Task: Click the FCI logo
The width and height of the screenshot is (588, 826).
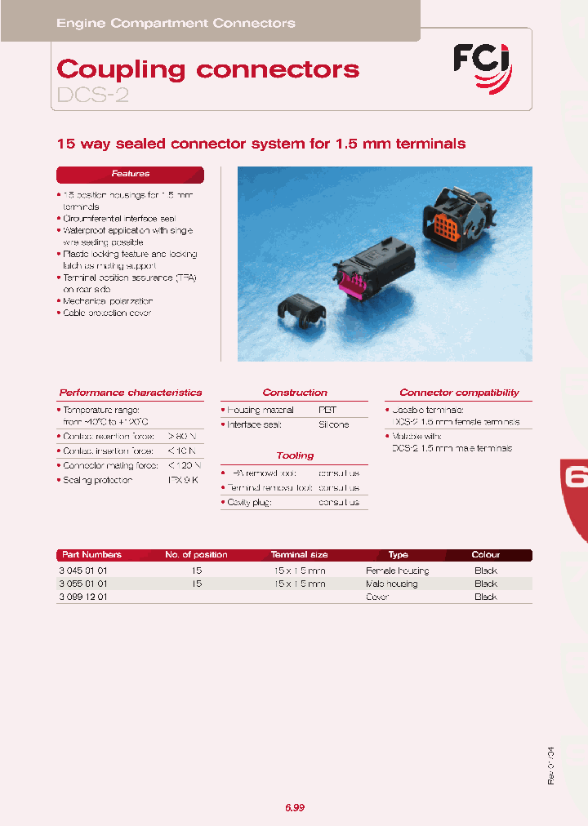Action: coord(483,65)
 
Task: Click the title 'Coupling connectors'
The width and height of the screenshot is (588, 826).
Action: coord(208,69)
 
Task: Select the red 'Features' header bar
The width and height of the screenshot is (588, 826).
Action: coord(130,174)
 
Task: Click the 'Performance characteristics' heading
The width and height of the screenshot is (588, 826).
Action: coord(131,393)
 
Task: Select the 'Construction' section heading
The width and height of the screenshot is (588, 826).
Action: coord(295,393)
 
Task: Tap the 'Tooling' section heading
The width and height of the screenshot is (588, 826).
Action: coord(295,455)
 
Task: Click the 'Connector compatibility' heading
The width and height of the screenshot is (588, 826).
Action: coord(459,393)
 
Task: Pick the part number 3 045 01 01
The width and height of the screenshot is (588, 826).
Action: coord(82,571)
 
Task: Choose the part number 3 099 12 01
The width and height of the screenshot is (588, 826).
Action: coord(82,597)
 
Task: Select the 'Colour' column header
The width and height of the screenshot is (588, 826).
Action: coord(486,555)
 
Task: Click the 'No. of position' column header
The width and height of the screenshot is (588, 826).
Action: coord(196,555)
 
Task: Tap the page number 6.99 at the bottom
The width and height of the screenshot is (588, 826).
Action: coord(295,807)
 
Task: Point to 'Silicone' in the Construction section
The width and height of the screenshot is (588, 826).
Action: coord(334,424)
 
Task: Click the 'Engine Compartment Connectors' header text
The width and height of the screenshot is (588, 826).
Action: coord(176,23)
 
